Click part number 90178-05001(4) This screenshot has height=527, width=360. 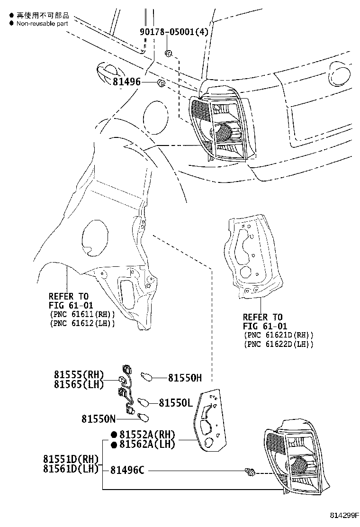(x=174, y=32)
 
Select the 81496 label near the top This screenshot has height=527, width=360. (x=127, y=82)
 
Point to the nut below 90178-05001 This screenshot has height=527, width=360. (x=168, y=52)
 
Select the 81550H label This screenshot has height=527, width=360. (x=185, y=378)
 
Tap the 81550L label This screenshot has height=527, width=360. (x=175, y=402)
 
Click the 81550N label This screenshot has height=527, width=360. (x=98, y=419)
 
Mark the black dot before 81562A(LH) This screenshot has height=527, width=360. (x=114, y=445)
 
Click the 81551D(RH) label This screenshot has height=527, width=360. (x=71, y=459)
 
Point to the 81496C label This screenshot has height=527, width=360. (x=127, y=470)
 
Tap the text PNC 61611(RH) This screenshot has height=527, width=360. (x=81, y=314)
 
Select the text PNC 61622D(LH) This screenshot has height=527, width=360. (x=279, y=344)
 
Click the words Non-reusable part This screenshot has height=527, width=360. (x=42, y=22)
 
